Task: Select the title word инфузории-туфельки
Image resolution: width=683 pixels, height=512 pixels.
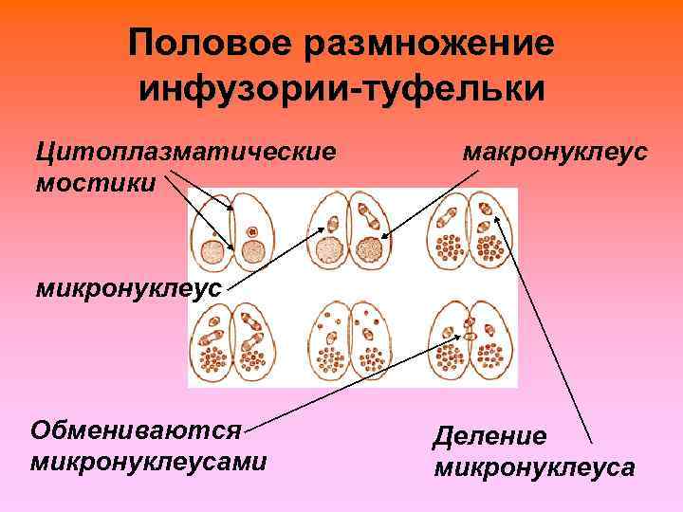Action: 341,89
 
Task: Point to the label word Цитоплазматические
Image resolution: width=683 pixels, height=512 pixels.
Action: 186,151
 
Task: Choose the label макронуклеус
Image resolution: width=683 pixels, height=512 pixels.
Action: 556,151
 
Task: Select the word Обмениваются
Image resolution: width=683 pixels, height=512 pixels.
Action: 137,431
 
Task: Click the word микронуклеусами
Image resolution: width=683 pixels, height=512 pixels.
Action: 148,462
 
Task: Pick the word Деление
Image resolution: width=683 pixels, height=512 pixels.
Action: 489,437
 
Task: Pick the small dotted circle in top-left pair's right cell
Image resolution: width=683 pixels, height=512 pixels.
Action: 251,230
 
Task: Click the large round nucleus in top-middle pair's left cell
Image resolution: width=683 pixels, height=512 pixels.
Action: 330,249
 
